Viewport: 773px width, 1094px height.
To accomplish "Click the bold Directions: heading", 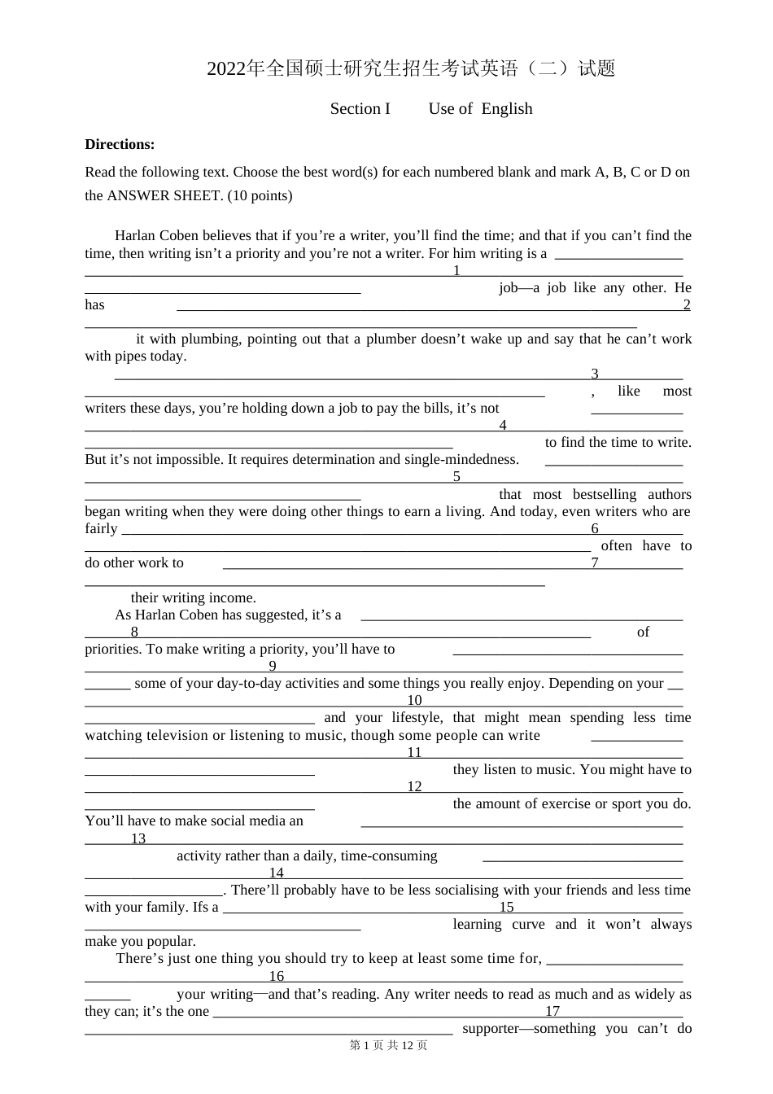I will [x=120, y=144].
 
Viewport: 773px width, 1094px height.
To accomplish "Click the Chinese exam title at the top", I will [x=411, y=68].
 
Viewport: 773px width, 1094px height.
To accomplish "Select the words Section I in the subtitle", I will [x=360, y=109].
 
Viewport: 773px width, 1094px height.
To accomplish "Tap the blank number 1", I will [x=456, y=270].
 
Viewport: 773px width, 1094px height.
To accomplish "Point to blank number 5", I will [x=456, y=476].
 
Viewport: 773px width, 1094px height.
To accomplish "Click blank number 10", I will [x=414, y=700].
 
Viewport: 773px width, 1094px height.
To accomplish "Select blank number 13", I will [x=138, y=838].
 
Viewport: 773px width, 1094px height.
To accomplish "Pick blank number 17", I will [x=552, y=1011].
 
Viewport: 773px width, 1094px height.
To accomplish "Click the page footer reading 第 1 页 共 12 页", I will [x=388, y=1045].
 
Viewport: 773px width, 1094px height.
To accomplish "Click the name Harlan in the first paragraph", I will [x=135, y=236].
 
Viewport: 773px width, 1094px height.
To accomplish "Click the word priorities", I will [x=111, y=649].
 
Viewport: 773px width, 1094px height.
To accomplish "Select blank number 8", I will [x=134, y=632].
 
